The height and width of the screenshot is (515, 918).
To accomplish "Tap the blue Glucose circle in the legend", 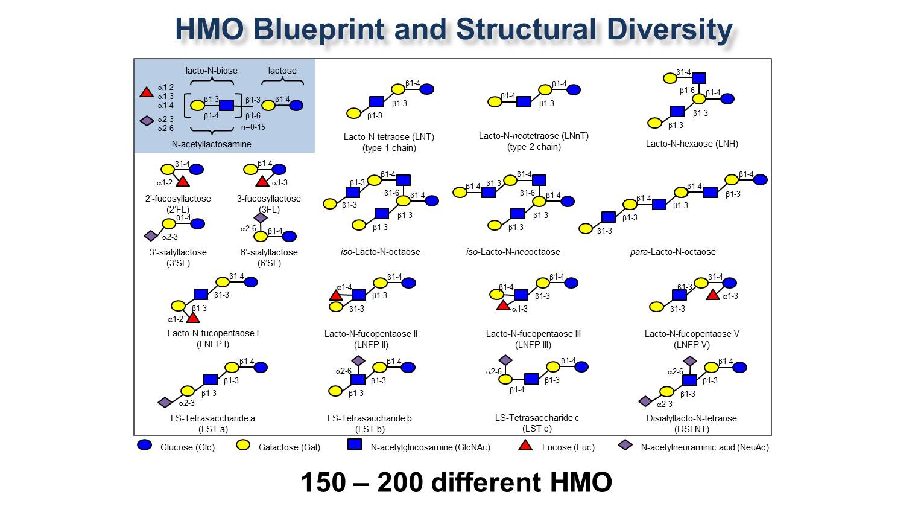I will click(x=145, y=445).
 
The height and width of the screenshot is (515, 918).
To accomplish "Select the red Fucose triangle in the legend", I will click(x=525, y=446).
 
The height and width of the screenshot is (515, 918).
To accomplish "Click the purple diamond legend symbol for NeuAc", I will click(x=625, y=445).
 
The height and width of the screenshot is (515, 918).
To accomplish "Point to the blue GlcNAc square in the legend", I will click(x=355, y=444).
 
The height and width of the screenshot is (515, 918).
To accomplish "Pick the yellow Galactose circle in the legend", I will click(x=242, y=445).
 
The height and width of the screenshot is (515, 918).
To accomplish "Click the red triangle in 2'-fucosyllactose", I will click(x=183, y=181).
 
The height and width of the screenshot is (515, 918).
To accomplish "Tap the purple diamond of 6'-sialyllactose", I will click(x=261, y=217).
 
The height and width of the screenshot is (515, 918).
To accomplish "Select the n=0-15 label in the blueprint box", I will click(x=253, y=127).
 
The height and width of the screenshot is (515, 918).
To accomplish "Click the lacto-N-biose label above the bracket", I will click(x=211, y=71).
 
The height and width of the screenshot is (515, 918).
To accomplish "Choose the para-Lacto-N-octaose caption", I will click(x=673, y=252).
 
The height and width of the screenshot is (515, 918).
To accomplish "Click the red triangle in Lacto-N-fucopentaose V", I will click(x=713, y=295).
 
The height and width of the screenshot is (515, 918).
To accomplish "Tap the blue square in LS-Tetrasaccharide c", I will click(x=531, y=379).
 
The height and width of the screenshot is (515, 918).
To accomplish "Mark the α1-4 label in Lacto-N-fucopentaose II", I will click(x=344, y=287).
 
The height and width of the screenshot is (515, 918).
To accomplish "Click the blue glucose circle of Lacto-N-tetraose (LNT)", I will click(x=426, y=89).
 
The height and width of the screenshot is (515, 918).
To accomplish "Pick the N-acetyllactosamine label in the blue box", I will click(x=211, y=144).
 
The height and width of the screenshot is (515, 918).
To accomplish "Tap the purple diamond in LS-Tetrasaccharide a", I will click(x=165, y=402).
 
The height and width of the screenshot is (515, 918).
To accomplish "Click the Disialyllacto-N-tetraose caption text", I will click(x=691, y=418).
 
